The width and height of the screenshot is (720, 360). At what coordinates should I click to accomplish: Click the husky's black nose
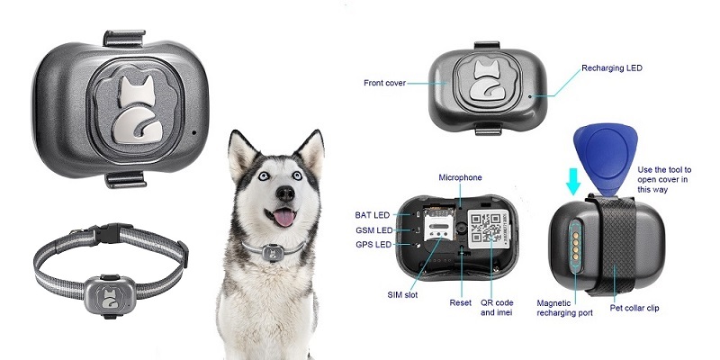coord(285,193)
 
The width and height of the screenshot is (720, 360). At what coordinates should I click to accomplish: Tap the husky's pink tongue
coord(284,217)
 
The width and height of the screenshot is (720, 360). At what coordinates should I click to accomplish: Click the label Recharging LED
coord(612,68)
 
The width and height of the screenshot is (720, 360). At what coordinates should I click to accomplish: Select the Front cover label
coord(385,83)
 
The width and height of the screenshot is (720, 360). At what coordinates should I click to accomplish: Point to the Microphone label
coord(460,177)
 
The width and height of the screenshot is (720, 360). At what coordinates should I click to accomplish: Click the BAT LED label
coord(373,215)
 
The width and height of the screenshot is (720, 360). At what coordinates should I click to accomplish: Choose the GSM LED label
coord(374,230)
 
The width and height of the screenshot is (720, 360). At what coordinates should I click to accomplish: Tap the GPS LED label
coord(373,245)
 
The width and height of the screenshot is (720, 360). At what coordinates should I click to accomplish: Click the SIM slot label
coord(402,295)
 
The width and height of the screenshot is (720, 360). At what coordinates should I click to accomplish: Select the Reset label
coord(460,302)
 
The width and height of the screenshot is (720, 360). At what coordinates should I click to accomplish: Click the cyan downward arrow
coord(573,181)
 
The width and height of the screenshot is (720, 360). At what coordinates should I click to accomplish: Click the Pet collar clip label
coord(634,308)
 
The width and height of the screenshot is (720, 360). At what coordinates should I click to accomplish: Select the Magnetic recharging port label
coord(564,308)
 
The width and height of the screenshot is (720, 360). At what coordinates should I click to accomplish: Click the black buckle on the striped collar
coord(109,233)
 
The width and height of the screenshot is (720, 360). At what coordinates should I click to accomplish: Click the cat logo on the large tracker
coord(136,109)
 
